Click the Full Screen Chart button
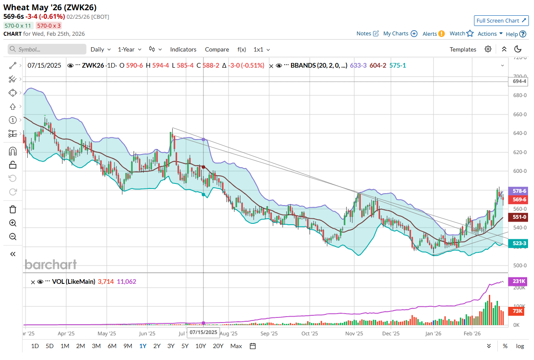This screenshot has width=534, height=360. (501, 20)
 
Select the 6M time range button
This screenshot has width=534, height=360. (112, 346)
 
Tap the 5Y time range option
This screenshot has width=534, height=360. (185, 346)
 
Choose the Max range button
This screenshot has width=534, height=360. (236, 346)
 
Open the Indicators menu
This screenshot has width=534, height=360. (183, 49)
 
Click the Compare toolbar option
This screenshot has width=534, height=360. (217, 49)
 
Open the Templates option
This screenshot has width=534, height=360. (463, 49)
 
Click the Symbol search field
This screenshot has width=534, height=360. (47, 49)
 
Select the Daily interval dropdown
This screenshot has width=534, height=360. (100, 49)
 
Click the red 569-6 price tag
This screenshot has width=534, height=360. (519, 199)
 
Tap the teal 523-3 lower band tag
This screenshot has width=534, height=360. (519, 243)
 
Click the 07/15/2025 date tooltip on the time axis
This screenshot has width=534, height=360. (203, 332)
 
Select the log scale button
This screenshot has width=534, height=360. (520, 346)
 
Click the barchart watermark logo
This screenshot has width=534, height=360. (51, 264)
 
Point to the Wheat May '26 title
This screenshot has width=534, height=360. (50, 8)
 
